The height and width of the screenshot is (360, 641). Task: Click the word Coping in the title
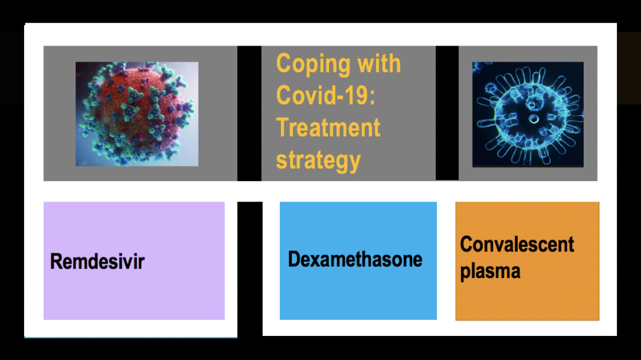(x=313, y=65)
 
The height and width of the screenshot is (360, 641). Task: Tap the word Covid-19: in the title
(x=325, y=96)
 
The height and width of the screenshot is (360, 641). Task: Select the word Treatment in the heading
(x=329, y=127)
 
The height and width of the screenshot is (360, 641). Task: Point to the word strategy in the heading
(x=319, y=160)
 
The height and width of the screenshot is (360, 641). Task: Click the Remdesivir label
(x=97, y=261)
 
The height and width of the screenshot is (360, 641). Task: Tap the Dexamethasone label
(x=355, y=259)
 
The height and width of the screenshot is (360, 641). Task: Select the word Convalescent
(x=517, y=244)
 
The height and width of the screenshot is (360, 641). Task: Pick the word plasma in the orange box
(x=490, y=272)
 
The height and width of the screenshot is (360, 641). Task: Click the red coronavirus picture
(x=137, y=114)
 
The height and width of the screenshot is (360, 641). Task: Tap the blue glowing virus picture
(x=528, y=115)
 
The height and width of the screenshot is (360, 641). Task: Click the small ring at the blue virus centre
(x=534, y=119)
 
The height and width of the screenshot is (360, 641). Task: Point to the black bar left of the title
(x=250, y=113)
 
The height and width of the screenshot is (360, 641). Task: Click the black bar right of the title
(x=447, y=113)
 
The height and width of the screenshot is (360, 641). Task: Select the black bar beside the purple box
(x=250, y=269)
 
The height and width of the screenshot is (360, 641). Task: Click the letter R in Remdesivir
(x=55, y=261)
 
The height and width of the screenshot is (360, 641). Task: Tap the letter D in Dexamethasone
(x=295, y=259)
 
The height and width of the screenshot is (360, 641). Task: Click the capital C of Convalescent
(x=467, y=244)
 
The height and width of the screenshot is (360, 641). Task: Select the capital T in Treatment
(x=282, y=127)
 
